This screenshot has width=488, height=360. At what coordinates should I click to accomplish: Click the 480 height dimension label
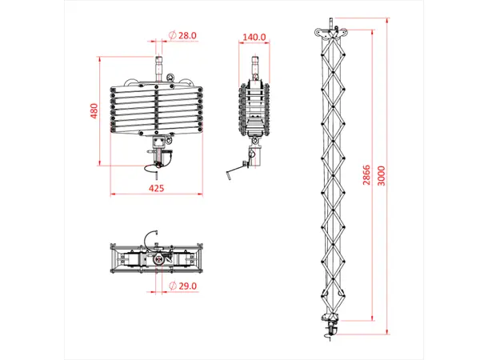click(94, 110)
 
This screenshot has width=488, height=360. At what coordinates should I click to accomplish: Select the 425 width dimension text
click(157, 188)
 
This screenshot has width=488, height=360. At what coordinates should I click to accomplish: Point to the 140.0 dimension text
click(254, 37)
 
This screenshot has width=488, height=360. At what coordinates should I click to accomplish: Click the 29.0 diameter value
click(188, 286)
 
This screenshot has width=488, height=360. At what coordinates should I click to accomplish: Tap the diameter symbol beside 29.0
click(173, 286)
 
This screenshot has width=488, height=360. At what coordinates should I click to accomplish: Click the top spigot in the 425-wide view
click(158, 62)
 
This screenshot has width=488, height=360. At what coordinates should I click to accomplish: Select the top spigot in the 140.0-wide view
click(255, 64)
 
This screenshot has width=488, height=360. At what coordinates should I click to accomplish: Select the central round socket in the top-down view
click(158, 261)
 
